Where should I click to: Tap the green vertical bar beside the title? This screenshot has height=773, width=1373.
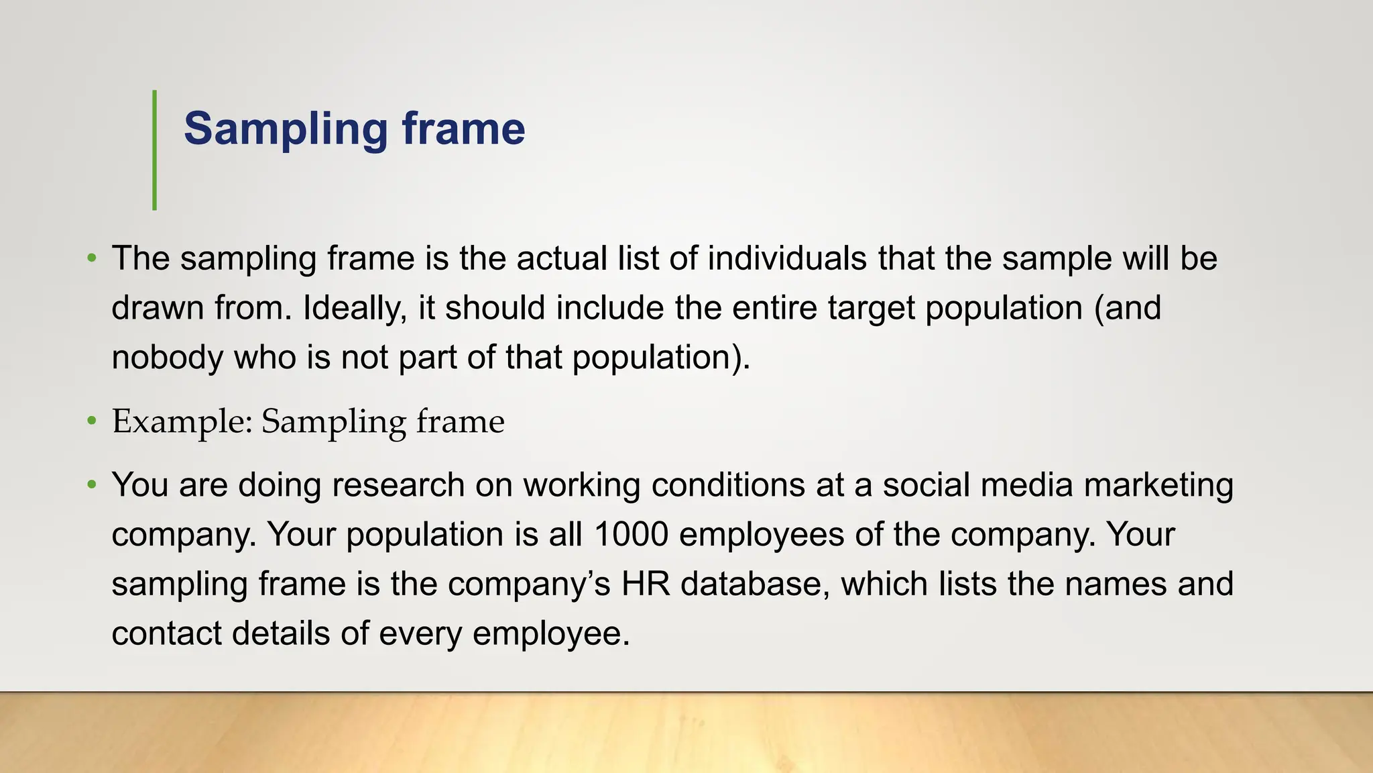[x=155, y=150]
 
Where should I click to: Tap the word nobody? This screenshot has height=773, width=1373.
[x=167, y=358]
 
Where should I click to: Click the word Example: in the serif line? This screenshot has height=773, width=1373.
[x=181, y=423]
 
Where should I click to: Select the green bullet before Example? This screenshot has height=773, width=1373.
[x=92, y=422]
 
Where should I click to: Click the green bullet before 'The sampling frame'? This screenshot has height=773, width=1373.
[x=92, y=258]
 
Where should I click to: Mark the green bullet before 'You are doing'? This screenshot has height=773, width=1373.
[x=92, y=484]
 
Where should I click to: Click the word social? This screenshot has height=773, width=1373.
[x=925, y=485]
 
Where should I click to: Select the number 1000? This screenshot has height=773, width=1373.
[x=630, y=535]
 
